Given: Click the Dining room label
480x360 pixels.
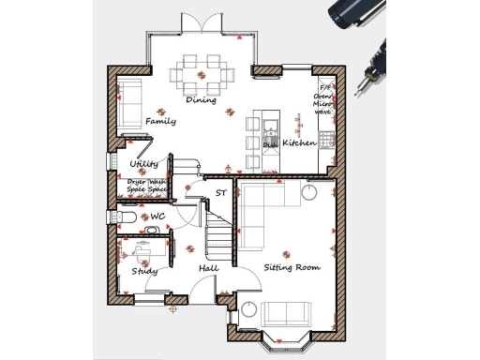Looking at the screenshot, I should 201,100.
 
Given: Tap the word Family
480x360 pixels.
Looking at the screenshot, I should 160,122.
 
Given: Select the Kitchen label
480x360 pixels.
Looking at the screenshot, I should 301,143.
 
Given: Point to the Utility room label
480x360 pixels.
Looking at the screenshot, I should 143,164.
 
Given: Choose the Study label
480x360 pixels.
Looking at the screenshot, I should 143,271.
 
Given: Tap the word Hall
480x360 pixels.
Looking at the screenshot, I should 208,269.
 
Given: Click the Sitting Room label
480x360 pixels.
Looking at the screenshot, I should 292,267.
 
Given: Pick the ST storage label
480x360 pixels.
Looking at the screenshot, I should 221,193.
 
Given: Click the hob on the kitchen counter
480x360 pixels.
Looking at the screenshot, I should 326,138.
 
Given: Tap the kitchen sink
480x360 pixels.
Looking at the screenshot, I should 270,128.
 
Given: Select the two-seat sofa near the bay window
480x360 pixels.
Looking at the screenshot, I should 287,313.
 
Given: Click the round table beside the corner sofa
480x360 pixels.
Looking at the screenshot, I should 310,192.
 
